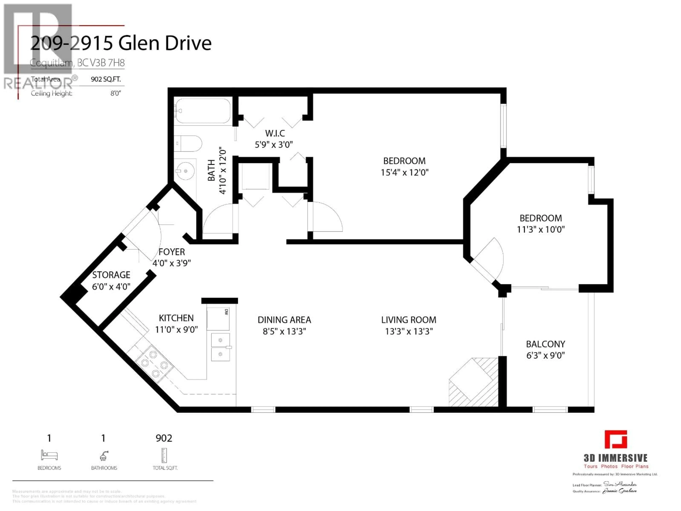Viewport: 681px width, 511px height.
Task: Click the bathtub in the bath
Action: tap(203, 111)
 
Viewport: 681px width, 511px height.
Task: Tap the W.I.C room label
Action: tap(275, 133)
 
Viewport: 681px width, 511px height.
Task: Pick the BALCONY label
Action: tap(545, 344)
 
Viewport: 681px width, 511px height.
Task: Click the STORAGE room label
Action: tap(111, 275)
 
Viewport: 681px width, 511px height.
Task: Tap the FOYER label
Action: tap(171, 252)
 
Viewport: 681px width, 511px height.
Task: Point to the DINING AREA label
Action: tap(284, 320)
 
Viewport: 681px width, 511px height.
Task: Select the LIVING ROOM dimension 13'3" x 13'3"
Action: tap(409, 331)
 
